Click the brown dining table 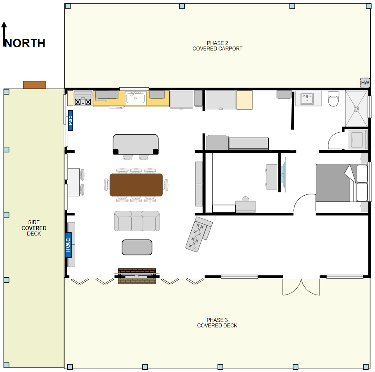click(136, 185)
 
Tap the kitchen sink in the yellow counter click(135, 98)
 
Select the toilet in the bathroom click(334, 99)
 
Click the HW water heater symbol click(365, 83)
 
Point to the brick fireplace click(137, 276)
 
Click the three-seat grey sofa click(137, 221)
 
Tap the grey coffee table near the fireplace click(137, 247)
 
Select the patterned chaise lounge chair click(199, 234)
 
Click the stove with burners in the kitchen click(83, 98)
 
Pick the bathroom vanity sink click(308, 98)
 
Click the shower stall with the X click(356, 109)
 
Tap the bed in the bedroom click(342, 183)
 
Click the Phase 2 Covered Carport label click(217, 46)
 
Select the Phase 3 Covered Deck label click(217, 323)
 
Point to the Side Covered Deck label click(34, 228)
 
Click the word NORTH click(25, 43)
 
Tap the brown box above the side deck click(35, 85)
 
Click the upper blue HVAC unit click(70, 120)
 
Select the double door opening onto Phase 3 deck click(301, 287)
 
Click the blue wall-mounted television click(283, 174)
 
